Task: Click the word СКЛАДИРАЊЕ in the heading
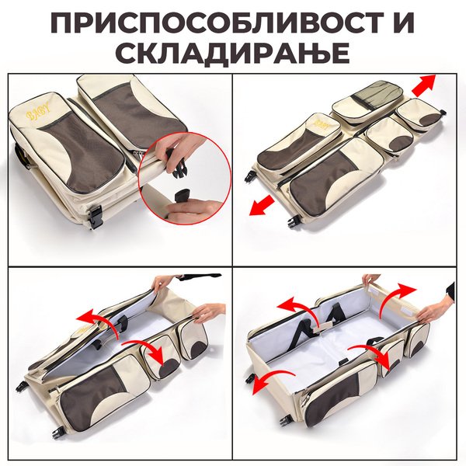233,53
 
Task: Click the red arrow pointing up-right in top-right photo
423,85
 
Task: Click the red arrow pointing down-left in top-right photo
263,204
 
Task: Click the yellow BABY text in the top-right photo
322,124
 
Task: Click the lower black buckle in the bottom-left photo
60,433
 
